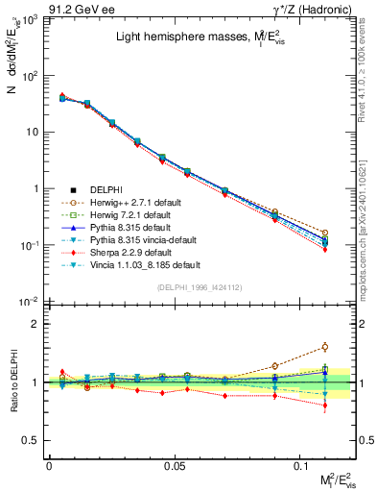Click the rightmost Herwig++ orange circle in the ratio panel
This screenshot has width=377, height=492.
pos(325,347)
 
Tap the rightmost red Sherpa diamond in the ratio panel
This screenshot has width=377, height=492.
pos(325,406)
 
